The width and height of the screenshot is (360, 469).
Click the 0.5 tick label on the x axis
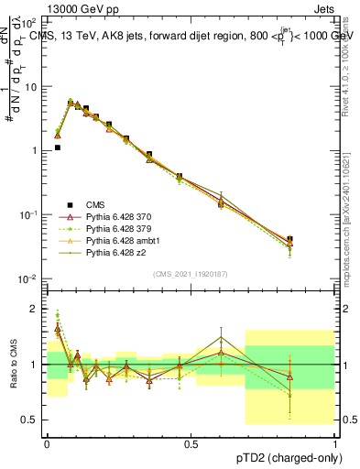(x=191, y=442)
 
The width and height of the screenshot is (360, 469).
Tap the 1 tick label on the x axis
(x=335, y=442)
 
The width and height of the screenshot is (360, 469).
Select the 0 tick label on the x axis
(x=47, y=442)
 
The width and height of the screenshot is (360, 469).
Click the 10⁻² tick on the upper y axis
(x=29, y=278)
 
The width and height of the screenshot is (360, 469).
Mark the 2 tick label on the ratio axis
(x=37, y=309)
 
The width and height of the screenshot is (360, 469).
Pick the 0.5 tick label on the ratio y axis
(x=33, y=420)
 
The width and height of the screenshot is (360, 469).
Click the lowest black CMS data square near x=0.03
(x=57, y=147)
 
